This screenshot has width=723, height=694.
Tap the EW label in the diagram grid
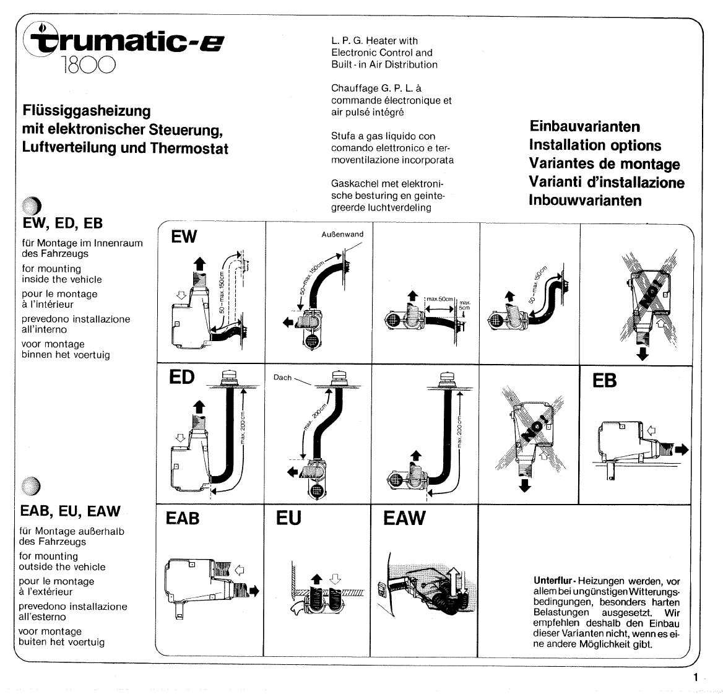point(184,237)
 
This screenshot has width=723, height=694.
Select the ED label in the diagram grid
point(181,377)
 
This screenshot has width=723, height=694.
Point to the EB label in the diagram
point(604,381)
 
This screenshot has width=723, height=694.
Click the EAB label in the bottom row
point(183,518)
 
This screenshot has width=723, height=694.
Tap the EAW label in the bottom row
point(404,518)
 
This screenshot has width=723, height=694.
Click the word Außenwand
point(342,234)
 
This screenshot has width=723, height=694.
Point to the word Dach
point(282,377)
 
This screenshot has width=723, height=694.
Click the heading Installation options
point(595,145)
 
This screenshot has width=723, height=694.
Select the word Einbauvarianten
point(585,126)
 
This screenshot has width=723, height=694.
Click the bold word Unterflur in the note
point(555,581)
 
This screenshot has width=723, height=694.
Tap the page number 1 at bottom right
point(696,677)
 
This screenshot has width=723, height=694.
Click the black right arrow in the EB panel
point(681,450)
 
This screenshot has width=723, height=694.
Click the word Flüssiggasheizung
point(86,111)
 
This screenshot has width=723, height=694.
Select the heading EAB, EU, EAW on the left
point(70,511)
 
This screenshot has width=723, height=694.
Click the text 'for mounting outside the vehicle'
point(62,562)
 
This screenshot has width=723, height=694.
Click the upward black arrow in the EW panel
point(199,263)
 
